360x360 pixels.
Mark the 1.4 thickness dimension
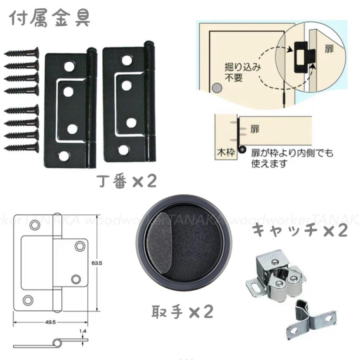click(x=83, y=331)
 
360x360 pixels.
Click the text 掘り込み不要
click(x=237, y=72)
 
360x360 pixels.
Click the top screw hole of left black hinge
click(x=72, y=65)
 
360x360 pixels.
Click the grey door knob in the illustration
click(x=217, y=88)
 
